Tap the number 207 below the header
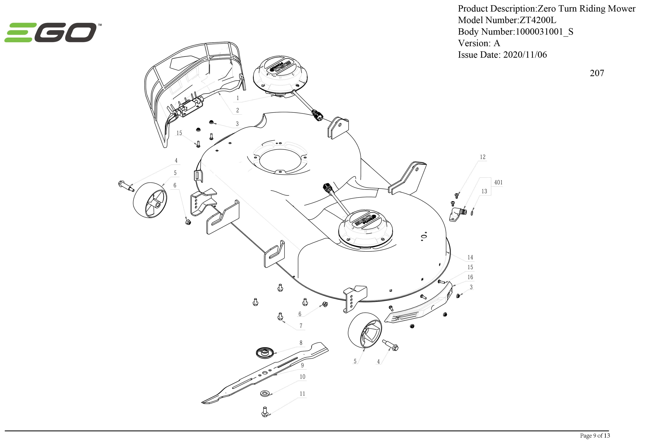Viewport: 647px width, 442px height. [x=597, y=73]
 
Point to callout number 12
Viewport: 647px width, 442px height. [x=482, y=157]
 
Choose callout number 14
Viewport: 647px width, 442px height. [x=470, y=257]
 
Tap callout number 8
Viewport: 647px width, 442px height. [x=301, y=343]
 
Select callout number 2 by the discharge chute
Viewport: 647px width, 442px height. [x=237, y=110]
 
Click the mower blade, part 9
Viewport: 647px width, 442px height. [x=264, y=373]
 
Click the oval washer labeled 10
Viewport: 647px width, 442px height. [x=265, y=393]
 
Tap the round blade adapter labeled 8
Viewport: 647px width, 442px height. [x=263, y=352]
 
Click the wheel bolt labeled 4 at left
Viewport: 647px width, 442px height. [x=126, y=186]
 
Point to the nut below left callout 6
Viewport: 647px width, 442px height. [x=188, y=222]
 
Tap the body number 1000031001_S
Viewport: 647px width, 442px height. [x=544, y=32]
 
